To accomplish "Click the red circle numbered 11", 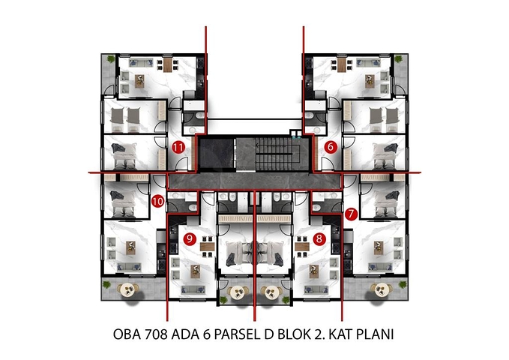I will point(178,147).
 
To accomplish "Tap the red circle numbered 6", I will point(331,147).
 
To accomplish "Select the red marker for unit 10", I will point(157,200).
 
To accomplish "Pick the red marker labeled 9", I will point(189,239).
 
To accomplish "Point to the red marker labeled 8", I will point(320,239).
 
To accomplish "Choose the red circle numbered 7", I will point(352,214).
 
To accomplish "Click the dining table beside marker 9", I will point(208,246).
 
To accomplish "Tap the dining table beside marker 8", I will point(301,246).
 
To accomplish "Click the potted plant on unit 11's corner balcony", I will point(111,58).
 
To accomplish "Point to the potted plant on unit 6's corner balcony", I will point(398,58).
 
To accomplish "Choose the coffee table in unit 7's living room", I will point(380,247).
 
